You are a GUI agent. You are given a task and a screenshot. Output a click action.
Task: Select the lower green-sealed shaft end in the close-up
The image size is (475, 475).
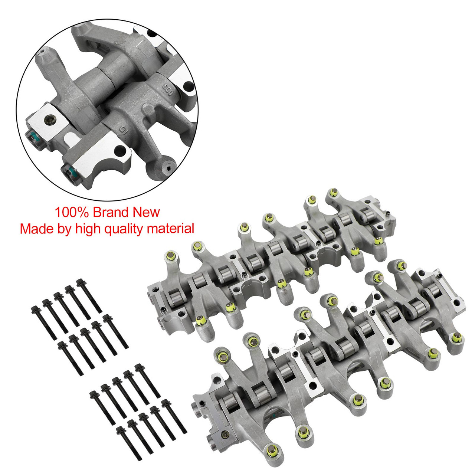[x=69, y=171]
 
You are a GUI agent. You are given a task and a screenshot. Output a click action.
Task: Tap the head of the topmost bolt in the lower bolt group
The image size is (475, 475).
[x=139, y=367]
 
